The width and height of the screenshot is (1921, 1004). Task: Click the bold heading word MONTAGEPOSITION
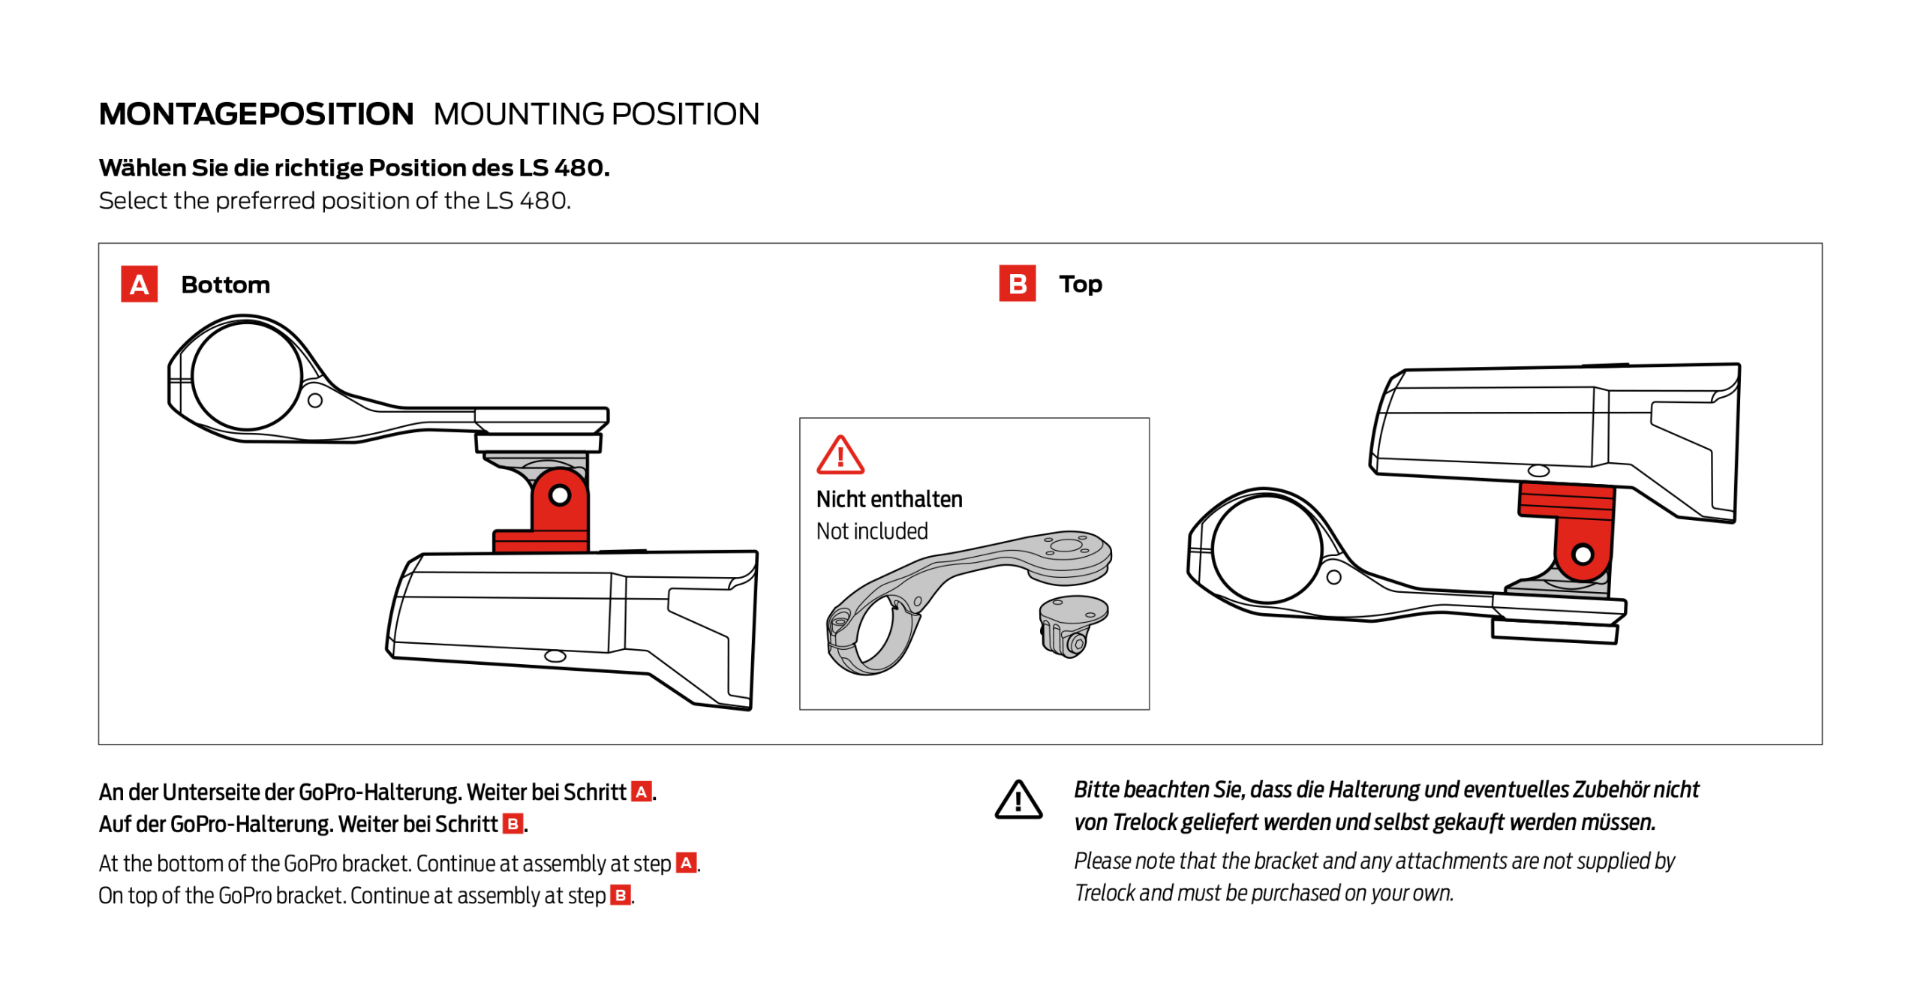pos(256,114)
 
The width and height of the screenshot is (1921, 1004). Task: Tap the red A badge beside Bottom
pos(139,284)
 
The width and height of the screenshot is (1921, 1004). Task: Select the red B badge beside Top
pos(1017,284)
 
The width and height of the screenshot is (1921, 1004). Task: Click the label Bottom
pos(225,285)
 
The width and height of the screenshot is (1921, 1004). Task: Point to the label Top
pos(1080,284)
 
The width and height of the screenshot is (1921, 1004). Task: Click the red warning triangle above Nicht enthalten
pos(840,455)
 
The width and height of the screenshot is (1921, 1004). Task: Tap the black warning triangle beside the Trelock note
pos(1018,800)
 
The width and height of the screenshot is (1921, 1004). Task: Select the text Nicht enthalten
pos(888,499)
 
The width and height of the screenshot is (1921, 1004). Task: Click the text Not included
pos(871,531)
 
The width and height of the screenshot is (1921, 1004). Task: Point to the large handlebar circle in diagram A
pos(246,376)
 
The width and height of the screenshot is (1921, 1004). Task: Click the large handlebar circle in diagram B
pos(1266,548)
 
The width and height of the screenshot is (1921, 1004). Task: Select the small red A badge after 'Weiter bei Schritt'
pos(641,792)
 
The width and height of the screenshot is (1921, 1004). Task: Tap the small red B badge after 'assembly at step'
pos(620,895)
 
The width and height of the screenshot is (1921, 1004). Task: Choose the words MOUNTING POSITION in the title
pos(596,114)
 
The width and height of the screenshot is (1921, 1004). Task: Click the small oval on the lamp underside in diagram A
pos(555,656)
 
